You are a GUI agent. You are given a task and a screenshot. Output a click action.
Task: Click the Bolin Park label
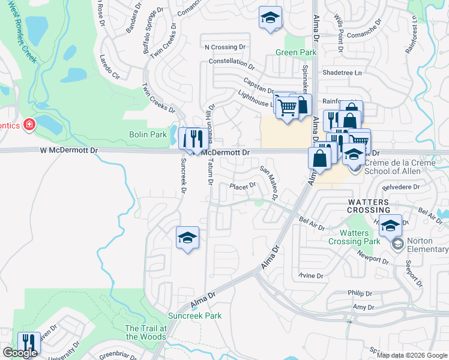pos(148,134)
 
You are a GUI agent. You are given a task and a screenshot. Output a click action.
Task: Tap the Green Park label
pos(291,53)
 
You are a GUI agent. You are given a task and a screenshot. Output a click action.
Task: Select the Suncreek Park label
pos(195,316)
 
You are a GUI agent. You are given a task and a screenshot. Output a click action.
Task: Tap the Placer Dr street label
pos(243,186)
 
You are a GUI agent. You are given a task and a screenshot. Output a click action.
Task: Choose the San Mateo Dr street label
pos(269,182)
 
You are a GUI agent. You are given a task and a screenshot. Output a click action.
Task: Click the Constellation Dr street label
pos(232,62)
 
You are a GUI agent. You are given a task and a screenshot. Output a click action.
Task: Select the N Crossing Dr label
pos(225,47)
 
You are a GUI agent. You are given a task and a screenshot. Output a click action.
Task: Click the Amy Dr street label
pos(364,307)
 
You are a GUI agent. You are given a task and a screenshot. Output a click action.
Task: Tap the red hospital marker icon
pos(29,125)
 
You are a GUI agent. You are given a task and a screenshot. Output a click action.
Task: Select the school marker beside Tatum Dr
pos(187,238)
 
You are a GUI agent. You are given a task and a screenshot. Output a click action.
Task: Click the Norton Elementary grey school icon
pos(397,244)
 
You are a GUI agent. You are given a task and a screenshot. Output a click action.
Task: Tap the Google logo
pos(20,353)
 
